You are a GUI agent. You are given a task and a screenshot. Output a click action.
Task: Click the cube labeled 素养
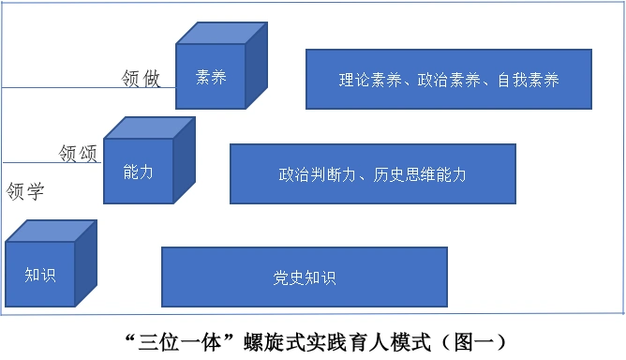pos(211,77)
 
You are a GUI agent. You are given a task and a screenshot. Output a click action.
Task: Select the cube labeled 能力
pos(138,171)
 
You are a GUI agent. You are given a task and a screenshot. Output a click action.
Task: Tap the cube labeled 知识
pos(40,274)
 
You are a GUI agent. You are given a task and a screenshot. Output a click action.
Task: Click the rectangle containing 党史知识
pos(305,277)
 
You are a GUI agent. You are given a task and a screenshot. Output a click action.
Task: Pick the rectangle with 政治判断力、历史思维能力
pos(372,173)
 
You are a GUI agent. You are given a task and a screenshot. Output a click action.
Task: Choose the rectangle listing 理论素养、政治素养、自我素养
pos(449,79)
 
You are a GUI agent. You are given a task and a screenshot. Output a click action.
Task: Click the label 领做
pos(142,79)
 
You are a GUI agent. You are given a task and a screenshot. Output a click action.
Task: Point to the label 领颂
pos(80,152)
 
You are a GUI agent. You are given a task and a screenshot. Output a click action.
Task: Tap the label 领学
pos(25,192)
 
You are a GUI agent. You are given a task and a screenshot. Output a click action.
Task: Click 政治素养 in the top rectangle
pos(449,80)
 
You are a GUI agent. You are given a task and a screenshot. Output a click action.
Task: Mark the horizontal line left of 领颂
pos(28,161)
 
